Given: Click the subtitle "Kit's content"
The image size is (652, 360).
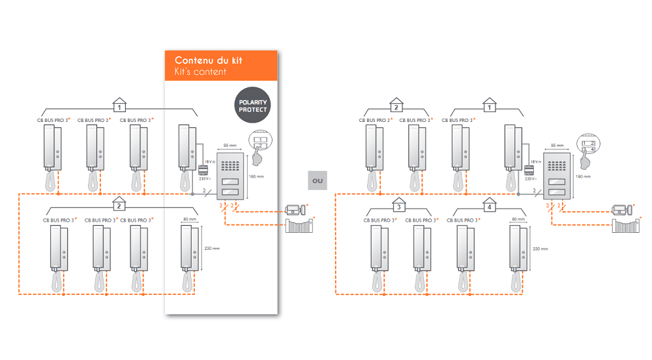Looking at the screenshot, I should point(201,72).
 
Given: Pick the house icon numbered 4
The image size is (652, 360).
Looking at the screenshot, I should point(489,206).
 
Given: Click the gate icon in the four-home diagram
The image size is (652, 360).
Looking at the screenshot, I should point(626,226).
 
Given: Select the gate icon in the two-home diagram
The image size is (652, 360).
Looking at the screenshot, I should point(299,226).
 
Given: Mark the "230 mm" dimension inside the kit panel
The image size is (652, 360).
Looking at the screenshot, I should point(212,248).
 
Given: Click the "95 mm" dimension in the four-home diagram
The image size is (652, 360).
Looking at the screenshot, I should point(556,145).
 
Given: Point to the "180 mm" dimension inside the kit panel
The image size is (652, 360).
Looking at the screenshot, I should point(257,176).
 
